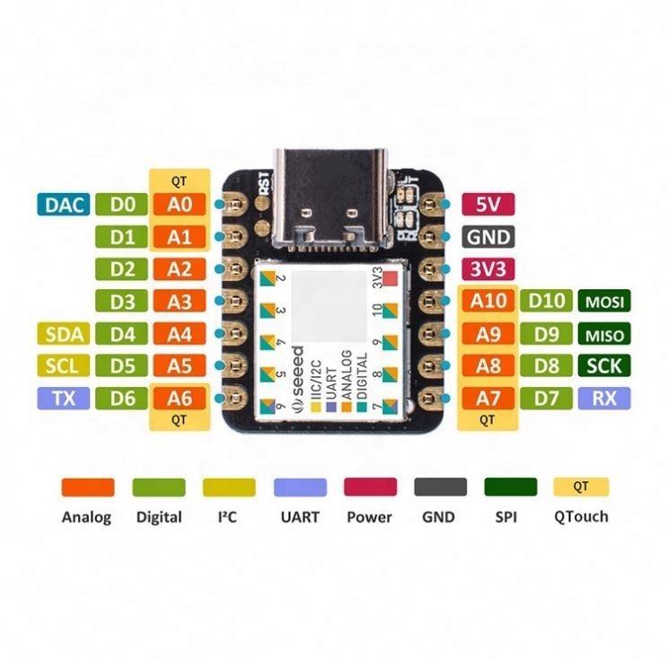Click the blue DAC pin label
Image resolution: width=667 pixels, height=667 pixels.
pyautogui.click(x=63, y=205)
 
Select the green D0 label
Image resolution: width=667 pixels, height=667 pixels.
pyautogui.click(x=124, y=205)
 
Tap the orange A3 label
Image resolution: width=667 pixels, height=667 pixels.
pyautogui.click(x=180, y=302)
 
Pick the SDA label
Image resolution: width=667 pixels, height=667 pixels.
pyautogui.click(x=63, y=335)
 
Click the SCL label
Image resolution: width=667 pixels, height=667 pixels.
pyautogui.click(x=63, y=366)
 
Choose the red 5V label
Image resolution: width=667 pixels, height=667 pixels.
pyautogui.click(x=487, y=205)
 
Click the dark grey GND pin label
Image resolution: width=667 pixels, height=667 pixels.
pyautogui.click(x=487, y=237)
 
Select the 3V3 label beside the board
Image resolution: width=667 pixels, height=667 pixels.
pyautogui.click(x=487, y=269)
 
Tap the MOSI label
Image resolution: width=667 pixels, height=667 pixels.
pyautogui.click(x=604, y=303)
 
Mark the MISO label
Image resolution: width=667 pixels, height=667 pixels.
pyautogui.click(x=604, y=335)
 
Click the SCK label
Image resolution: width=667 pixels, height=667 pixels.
pyautogui.click(x=604, y=366)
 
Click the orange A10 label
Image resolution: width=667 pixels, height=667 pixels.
pyautogui.click(x=488, y=302)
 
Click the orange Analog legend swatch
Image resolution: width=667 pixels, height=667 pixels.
pyautogui.click(x=87, y=487)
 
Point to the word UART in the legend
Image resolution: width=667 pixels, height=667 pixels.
pyautogui.click(x=299, y=516)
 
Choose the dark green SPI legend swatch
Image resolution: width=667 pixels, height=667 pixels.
pyautogui.click(x=510, y=487)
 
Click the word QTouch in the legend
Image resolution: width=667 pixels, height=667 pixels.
pyautogui.click(x=581, y=516)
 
